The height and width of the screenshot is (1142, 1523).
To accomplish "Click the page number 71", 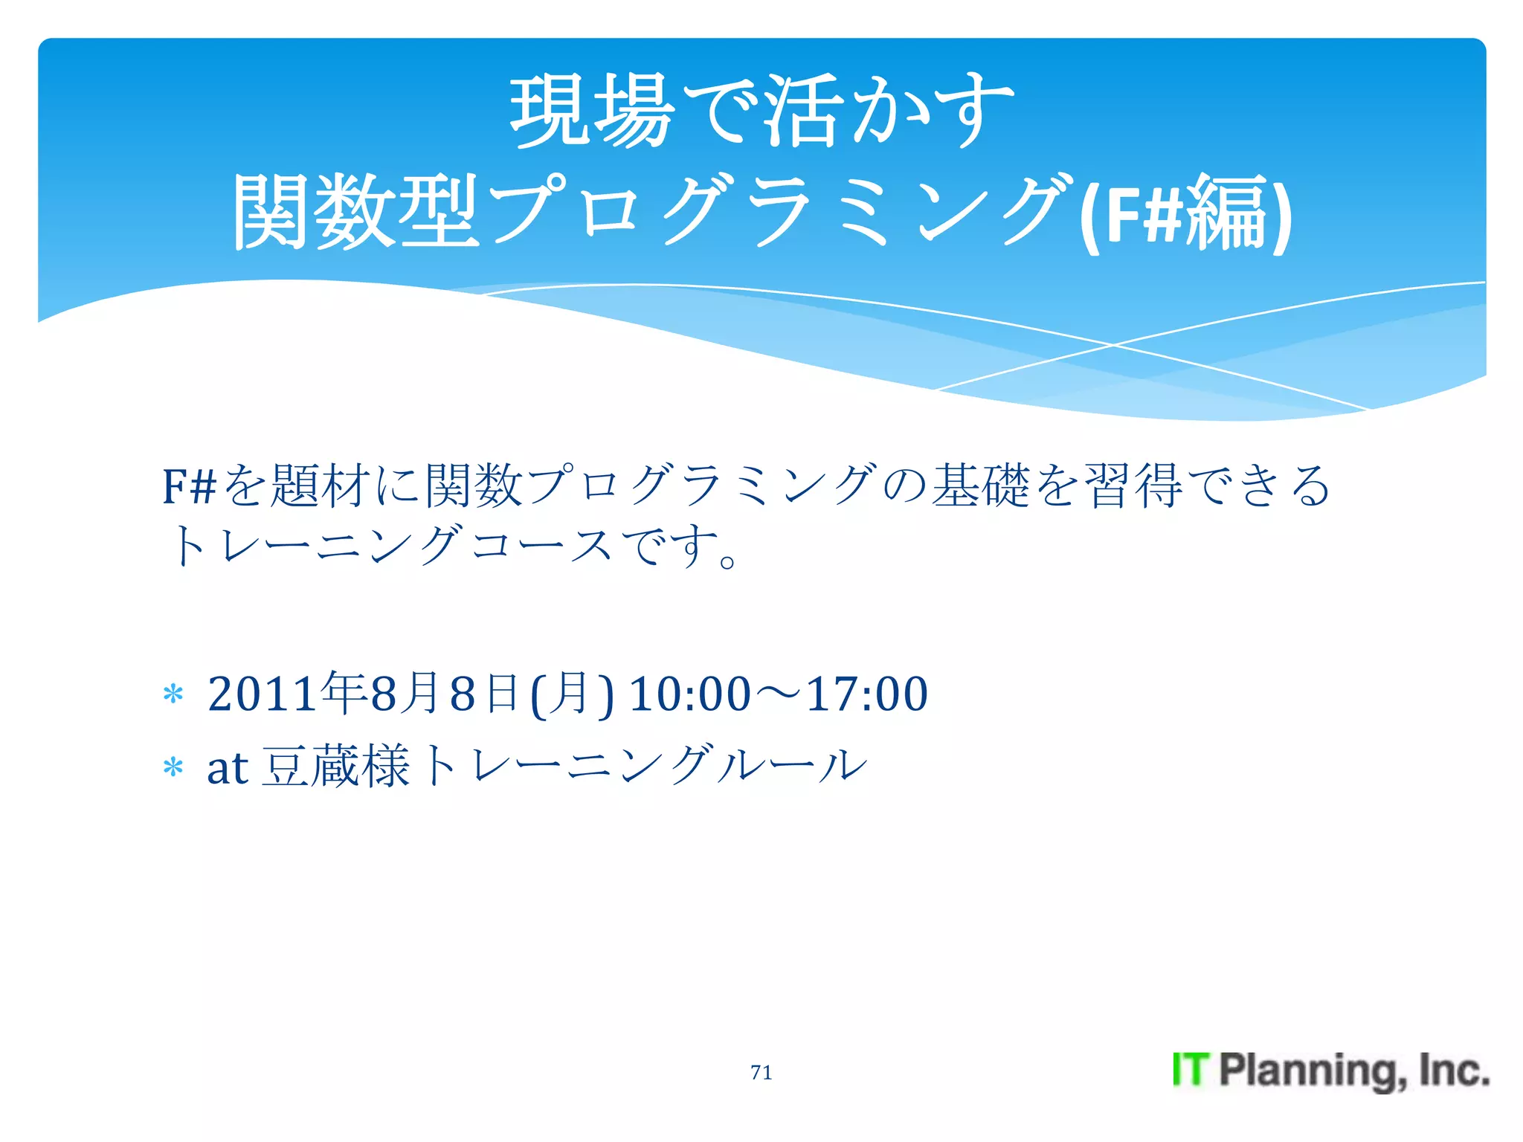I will [761, 1072].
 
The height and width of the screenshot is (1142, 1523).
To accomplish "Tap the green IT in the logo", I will [1191, 1070].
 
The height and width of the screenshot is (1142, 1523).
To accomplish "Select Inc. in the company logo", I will [1454, 1070].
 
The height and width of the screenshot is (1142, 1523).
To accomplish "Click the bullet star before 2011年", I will [173, 694].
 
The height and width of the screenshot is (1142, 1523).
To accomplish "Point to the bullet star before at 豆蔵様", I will [173, 767].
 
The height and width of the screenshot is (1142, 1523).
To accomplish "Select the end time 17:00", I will [867, 694].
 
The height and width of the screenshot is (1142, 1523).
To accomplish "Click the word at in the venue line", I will [227, 767].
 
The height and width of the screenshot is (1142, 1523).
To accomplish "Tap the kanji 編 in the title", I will [1227, 213].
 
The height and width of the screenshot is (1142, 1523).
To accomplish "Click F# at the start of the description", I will [189, 486].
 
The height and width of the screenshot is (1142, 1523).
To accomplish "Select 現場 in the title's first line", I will [592, 112].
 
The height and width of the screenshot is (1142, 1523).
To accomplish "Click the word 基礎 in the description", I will [982, 485].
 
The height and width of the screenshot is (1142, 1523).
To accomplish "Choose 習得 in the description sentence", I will [1133, 485].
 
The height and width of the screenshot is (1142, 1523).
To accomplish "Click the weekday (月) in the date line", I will [572, 694].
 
